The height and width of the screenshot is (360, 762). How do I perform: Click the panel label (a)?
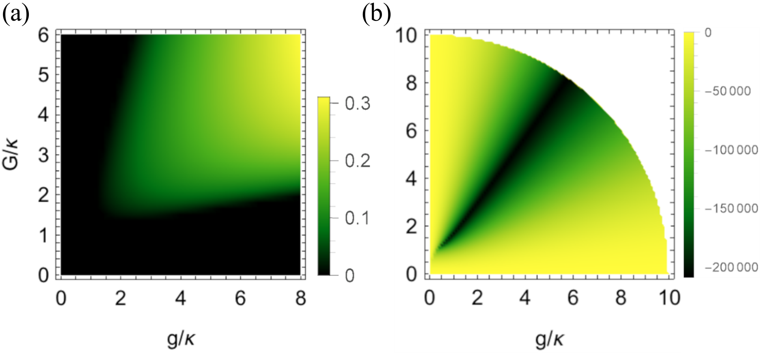(16, 15)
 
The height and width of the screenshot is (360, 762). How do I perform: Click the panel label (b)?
(376, 15)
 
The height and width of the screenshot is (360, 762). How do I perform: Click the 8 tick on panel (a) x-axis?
(301, 299)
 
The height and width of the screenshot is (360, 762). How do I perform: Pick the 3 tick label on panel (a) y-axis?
(43, 155)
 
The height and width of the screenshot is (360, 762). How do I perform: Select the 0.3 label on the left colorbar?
(357, 104)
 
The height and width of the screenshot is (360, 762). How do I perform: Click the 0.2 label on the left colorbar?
(357, 161)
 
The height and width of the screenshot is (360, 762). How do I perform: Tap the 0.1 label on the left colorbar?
(357, 218)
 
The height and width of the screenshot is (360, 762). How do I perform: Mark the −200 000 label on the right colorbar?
(731, 267)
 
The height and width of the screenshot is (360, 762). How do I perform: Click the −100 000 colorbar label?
(731, 150)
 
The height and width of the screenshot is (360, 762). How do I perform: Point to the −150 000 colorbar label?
(731, 208)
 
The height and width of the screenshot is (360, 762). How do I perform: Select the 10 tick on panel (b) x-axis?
(669, 299)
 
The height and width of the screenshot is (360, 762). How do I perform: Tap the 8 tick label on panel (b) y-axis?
(412, 84)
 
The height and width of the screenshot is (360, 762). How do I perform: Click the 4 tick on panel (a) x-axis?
(181, 299)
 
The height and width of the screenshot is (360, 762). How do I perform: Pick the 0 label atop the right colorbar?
(708, 33)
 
